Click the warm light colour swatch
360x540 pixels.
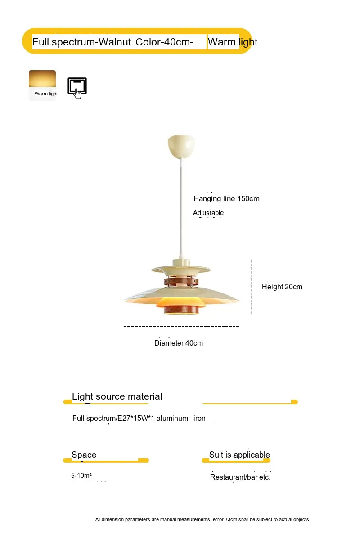[x=42, y=79]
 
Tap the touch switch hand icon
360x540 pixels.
[x=77, y=88]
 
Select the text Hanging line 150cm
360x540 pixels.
[x=226, y=198]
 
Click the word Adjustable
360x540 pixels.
[x=208, y=213]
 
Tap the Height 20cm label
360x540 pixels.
[x=282, y=287]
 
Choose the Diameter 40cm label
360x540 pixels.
[x=179, y=343]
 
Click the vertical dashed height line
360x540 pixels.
[x=251, y=287]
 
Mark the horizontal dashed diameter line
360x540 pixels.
[x=181, y=326]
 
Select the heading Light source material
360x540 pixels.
[x=117, y=396]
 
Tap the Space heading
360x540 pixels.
[x=84, y=454]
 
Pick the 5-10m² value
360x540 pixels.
[x=81, y=476]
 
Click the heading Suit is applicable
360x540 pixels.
[x=239, y=454]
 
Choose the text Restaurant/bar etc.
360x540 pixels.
[x=240, y=477]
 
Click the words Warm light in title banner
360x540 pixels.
[x=233, y=42]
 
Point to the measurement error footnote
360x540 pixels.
[x=202, y=519]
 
